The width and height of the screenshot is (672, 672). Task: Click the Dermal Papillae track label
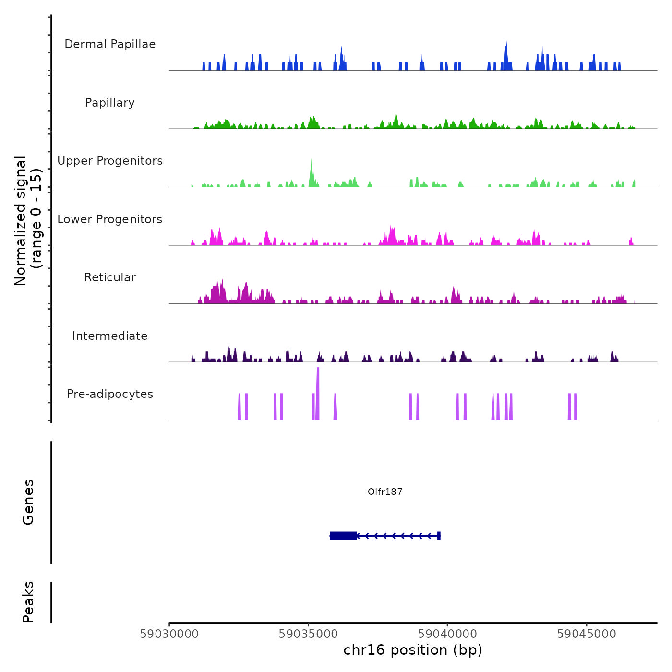tap(110, 44)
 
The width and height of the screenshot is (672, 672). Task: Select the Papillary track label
tap(110, 103)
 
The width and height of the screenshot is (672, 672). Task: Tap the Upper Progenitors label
tap(110, 161)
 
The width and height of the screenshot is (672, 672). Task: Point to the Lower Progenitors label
tap(110, 219)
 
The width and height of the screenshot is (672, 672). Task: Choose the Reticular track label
tap(110, 277)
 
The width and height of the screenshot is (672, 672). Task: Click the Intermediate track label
tap(110, 336)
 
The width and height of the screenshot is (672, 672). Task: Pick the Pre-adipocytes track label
tap(110, 394)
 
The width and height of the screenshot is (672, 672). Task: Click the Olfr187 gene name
tap(385, 492)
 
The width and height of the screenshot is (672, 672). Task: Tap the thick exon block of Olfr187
tap(344, 536)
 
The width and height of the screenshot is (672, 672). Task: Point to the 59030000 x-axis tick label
tap(169, 634)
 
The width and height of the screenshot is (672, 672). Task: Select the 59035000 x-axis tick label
tap(308, 634)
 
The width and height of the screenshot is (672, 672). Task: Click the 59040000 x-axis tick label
tap(447, 634)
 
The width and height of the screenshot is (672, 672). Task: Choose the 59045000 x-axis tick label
tap(587, 634)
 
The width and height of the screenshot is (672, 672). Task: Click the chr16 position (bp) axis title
tap(413, 650)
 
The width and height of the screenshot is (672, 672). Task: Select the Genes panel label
tap(28, 502)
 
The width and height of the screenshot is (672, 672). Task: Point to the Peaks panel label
tap(28, 602)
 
